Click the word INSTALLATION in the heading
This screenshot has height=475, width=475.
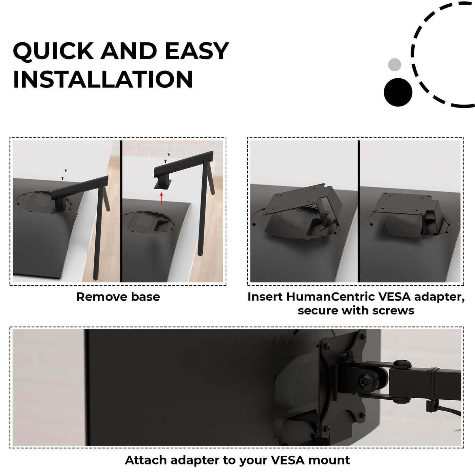click(103, 79)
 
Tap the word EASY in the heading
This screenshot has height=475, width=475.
click(197, 51)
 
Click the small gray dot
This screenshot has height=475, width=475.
click(394, 64)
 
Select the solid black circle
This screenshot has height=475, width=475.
click(398, 92)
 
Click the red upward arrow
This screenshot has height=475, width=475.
click(161, 198)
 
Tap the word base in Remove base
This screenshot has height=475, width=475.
click(146, 297)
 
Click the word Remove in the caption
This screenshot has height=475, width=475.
click(101, 297)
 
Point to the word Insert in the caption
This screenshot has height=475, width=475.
click(265, 297)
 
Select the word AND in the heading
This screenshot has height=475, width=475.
click(129, 51)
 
